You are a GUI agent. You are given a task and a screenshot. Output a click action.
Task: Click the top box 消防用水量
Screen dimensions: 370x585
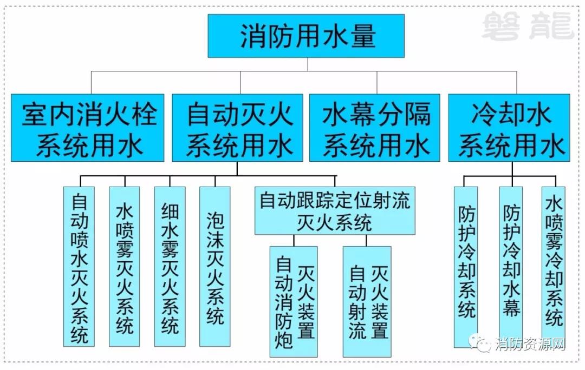tap(307, 36)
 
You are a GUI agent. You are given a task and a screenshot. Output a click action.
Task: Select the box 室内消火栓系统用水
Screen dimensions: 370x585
tap(88, 128)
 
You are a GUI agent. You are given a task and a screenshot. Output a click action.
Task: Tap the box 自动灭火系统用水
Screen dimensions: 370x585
tap(239, 128)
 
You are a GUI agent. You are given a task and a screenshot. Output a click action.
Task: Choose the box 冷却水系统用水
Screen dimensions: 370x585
tap(509, 128)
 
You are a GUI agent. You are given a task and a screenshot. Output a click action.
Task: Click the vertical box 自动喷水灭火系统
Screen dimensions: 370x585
tap(79, 266)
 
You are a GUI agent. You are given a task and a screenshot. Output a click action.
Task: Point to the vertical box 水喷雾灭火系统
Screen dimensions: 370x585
tap(125, 266)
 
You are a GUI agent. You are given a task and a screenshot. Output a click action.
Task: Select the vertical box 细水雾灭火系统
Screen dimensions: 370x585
tap(170, 266)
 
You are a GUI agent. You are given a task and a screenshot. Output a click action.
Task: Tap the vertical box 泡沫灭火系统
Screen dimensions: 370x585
tap(215, 266)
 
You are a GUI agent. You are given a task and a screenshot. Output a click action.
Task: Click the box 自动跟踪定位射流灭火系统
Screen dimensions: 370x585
tap(335, 211)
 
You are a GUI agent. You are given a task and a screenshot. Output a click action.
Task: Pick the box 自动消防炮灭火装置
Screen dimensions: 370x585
tap(294, 301)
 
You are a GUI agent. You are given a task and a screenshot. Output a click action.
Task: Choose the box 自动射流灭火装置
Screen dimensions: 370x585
tap(367, 301)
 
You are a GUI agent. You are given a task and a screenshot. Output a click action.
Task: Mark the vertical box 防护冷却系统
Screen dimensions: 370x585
tap(466, 266)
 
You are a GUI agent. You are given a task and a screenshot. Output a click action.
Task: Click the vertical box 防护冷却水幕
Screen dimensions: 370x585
tap(511, 266)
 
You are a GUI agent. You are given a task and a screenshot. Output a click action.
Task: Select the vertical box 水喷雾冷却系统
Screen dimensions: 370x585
tap(554, 266)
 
